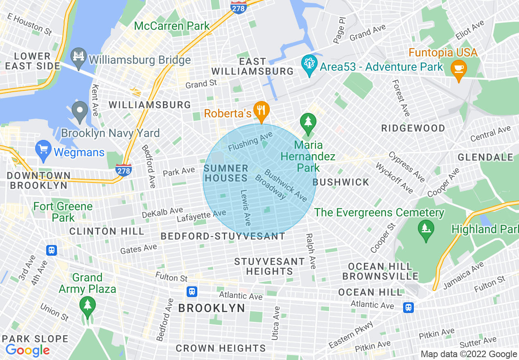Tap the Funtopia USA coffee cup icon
click(x=458, y=67)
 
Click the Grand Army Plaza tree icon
click(x=87, y=304)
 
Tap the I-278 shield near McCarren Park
click(x=239, y=7)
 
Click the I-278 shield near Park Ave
click(x=123, y=169)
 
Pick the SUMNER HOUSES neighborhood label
click(x=226, y=173)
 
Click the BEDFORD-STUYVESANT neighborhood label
click(x=223, y=236)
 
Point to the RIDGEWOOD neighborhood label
click(x=413, y=128)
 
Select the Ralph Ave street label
click(x=311, y=251)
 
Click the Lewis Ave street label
click(x=246, y=207)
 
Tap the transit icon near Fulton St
click(x=192, y=291)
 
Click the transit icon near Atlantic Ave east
click(x=408, y=307)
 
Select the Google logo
click(x=27, y=350)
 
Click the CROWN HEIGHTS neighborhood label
click(x=221, y=348)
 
